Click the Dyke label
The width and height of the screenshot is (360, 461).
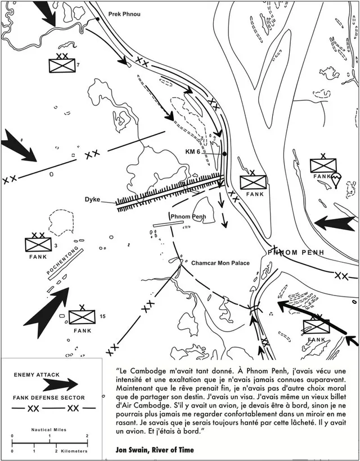coord(93,199)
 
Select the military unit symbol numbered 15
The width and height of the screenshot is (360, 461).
coord(82,318)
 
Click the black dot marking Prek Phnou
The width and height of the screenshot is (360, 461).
coord(98,19)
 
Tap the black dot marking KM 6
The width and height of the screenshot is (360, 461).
coord(224,154)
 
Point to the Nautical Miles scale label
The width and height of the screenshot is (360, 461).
coord(48,428)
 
